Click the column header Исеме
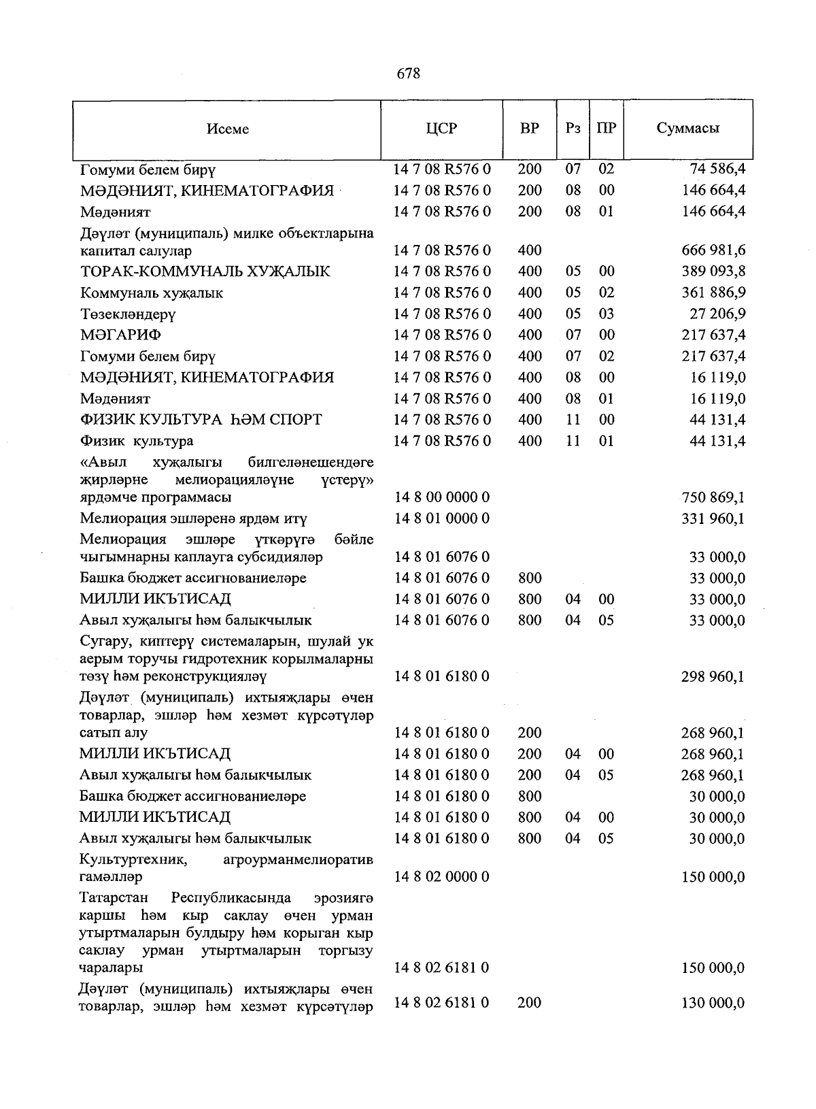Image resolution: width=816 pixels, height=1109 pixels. pos(228,129)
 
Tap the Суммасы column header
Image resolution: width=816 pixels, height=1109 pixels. pos(687,128)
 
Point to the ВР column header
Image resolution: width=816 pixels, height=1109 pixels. pos(529,128)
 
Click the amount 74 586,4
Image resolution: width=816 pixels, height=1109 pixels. pos(718,169)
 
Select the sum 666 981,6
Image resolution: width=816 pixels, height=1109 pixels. pos(713,250)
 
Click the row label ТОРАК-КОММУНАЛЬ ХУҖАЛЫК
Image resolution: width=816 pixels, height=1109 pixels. pos(205,271)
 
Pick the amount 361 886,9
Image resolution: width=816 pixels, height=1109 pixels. pos(713,293)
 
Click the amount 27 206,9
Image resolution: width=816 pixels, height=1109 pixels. pos(717,314)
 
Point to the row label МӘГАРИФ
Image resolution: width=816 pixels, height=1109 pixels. pos(120,335)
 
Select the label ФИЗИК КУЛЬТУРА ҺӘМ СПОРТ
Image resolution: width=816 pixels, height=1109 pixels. pos(201,420)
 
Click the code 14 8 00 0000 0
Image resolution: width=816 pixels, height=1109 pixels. pos(442,497)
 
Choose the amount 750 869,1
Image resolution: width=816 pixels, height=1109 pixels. pos(713,497)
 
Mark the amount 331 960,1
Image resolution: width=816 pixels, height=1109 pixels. pos(713,518)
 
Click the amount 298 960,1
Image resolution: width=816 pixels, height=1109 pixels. pos(713,676)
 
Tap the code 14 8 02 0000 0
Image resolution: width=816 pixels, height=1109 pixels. pos(442,876)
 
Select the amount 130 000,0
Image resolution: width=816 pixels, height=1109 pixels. pos(713,1002)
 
